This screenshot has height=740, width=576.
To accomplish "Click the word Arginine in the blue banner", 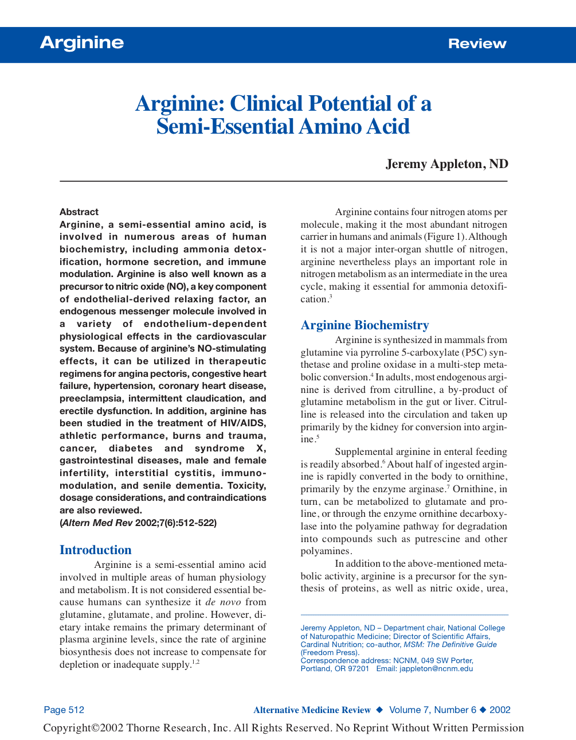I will pos(82,43).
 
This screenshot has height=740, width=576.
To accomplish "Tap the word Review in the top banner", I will pos(477,44).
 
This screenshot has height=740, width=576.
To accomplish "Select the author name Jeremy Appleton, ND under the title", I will pos(446,164).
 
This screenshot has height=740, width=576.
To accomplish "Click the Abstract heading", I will pos(79,212).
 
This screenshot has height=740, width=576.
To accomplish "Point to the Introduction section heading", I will pos(96,550).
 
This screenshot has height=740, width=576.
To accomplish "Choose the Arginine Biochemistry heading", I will pos(365,325).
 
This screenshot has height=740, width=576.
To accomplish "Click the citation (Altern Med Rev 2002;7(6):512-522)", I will pos(138,523).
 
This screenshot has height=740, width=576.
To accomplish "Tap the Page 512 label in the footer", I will pos(64,710).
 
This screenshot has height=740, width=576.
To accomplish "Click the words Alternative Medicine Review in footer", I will pos(312,710).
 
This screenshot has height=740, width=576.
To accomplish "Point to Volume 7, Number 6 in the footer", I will pos(433,710).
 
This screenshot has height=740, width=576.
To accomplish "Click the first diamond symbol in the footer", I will pos(379,710).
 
